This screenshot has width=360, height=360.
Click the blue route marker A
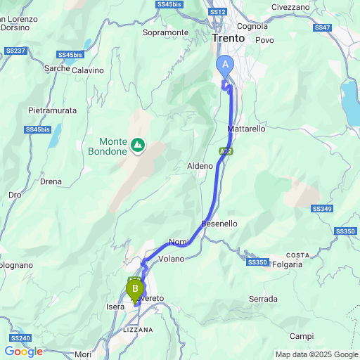(x=226, y=64)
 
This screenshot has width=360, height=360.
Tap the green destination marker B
(x=134, y=288)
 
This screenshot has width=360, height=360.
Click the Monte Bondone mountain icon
(x=139, y=146)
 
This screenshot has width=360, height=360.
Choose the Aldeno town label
(x=200, y=166)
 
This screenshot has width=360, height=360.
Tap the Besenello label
(x=219, y=224)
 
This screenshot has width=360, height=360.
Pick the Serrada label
(x=263, y=299)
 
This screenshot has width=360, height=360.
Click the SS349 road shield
(x=323, y=209)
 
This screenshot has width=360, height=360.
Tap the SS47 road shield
(x=323, y=27)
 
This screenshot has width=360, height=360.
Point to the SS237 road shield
(x=15, y=51)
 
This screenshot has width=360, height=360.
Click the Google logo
(x=23, y=352)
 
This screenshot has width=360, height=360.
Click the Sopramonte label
(x=165, y=32)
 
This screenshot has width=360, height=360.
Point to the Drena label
(x=51, y=181)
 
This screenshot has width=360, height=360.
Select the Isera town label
(x=115, y=307)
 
